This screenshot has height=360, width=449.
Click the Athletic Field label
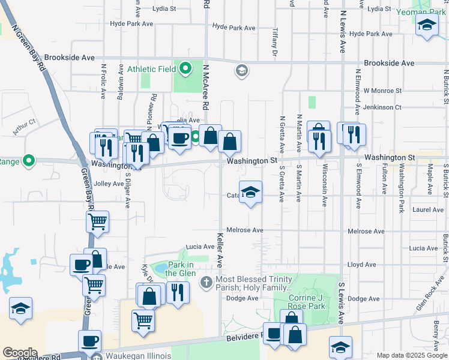(150, 68)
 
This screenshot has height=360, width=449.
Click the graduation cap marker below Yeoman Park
(427, 25)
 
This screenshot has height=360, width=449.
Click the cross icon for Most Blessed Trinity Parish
(206, 282)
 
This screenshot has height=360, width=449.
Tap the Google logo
(20, 353)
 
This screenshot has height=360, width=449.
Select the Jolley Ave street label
(109, 184)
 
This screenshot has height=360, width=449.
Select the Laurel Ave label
(428, 210)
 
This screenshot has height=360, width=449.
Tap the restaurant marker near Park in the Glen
(177, 292)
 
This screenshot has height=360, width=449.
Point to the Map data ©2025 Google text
(411, 355)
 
